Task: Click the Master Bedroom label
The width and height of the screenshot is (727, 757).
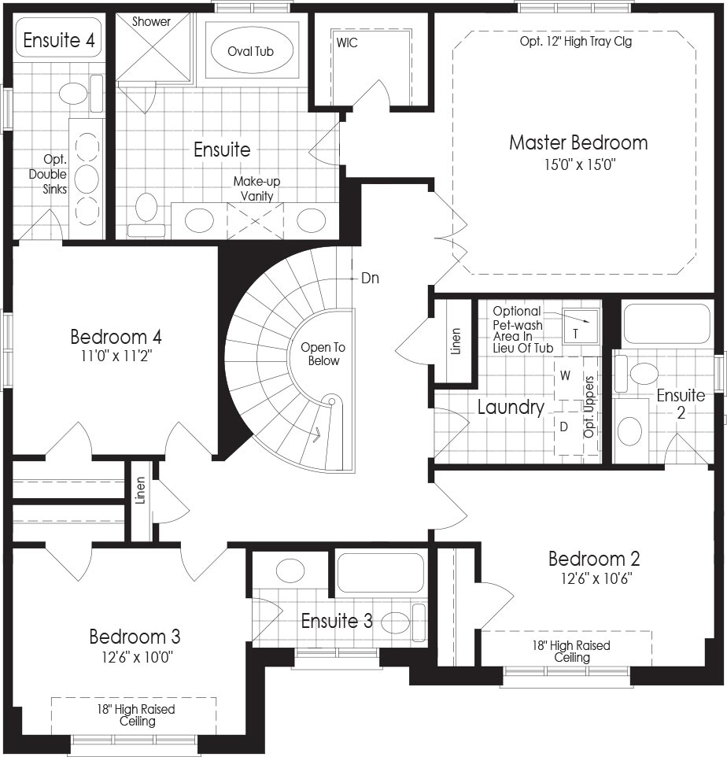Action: (578, 143)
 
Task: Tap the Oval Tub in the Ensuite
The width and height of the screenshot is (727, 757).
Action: (251, 50)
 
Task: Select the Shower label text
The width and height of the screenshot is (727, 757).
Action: (151, 22)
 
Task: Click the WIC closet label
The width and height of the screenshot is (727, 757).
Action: (347, 42)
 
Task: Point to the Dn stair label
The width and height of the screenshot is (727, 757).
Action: (371, 278)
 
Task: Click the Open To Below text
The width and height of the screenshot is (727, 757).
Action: (323, 354)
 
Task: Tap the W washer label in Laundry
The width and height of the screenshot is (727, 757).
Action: (565, 375)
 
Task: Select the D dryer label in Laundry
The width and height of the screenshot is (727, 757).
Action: (563, 427)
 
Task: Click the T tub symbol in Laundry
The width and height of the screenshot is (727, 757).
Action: (575, 334)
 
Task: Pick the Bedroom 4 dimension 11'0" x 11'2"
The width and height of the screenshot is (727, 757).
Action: (116, 356)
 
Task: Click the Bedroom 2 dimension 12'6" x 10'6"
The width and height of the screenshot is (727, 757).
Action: (596, 578)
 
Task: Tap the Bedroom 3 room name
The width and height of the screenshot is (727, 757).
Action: (135, 637)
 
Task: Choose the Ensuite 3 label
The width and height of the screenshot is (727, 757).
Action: (337, 621)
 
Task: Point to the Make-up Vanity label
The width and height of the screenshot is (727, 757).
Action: (256, 189)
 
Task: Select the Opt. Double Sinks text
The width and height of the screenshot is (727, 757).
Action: (48, 174)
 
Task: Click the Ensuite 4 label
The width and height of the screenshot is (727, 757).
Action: (59, 40)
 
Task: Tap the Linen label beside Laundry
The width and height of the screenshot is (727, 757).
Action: (456, 342)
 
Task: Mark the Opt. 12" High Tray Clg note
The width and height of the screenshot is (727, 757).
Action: (575, 42)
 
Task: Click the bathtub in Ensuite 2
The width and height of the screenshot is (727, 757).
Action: (666, 324)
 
